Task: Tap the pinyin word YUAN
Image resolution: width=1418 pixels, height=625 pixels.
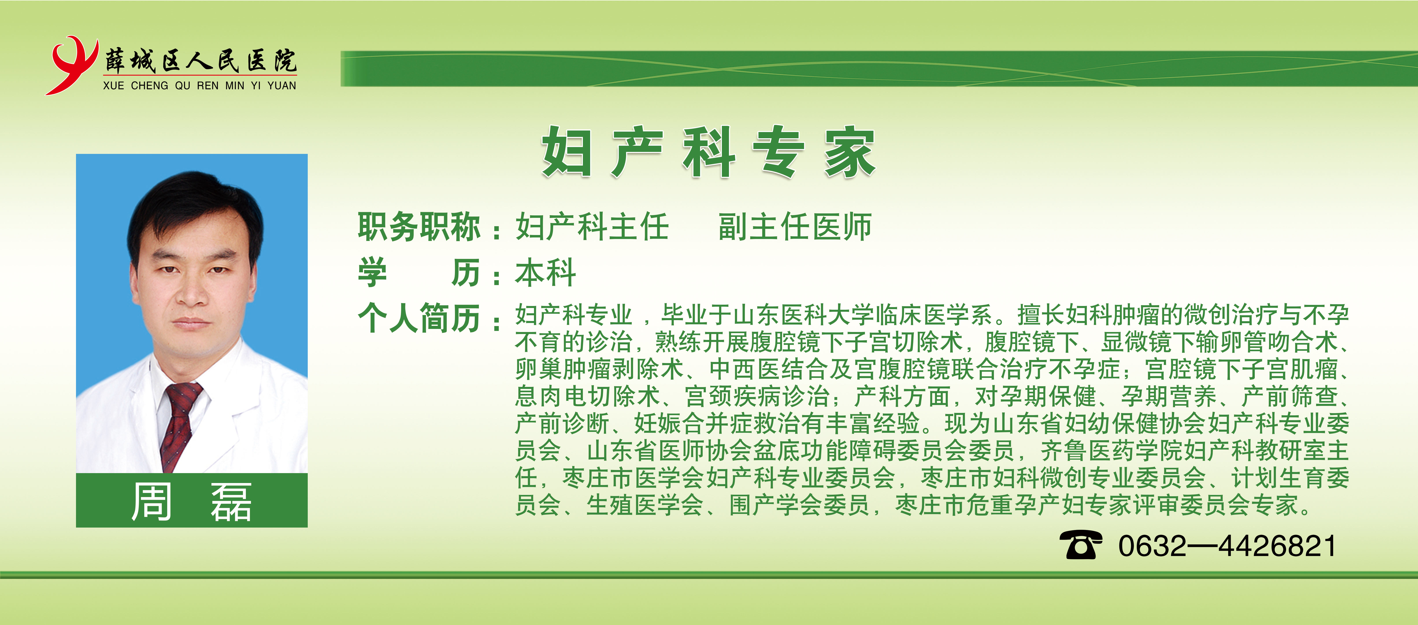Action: pos(282,86)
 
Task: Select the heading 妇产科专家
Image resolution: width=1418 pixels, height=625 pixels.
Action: pos(708,152)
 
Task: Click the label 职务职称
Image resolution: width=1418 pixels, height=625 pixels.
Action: pos(419,227)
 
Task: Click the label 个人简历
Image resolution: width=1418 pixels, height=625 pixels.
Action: pos(419,318)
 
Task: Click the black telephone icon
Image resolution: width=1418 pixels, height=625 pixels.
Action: pos(1081,545)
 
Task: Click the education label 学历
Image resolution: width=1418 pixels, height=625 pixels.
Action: pos(419,273)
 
